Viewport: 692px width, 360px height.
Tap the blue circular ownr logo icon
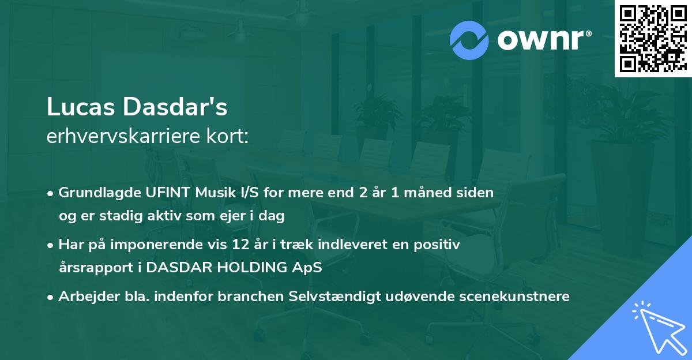coord(469,40)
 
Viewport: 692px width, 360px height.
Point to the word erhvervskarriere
coord(121,136)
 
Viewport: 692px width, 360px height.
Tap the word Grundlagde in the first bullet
coord(95,193)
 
